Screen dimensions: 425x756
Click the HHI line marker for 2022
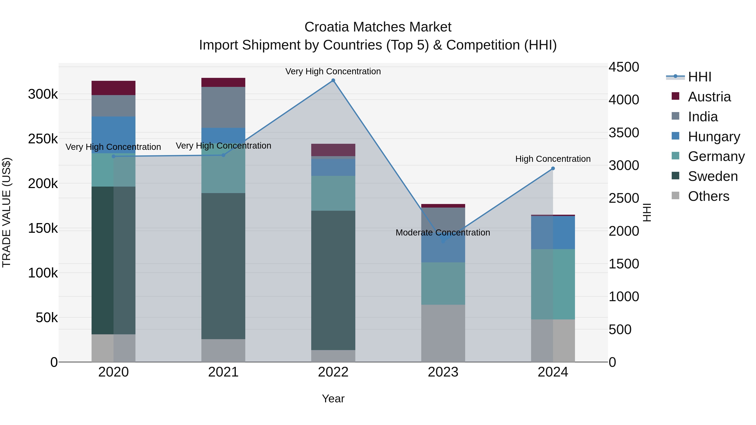pos(333,80)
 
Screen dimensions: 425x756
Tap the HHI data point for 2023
pos(443,241)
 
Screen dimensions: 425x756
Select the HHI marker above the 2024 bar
pos(553,168)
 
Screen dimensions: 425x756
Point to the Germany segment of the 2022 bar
pos(333,193)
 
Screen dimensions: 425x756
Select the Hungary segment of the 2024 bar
pos(553,232)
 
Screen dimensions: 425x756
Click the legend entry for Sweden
pos(713,176)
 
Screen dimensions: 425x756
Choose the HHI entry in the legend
pos(700,77)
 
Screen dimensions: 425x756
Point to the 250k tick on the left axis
pos(43,139)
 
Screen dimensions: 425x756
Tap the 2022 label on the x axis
pos(333,372)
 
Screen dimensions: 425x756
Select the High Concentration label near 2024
pos(553,159)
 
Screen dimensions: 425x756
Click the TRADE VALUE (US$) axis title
pos(7,212)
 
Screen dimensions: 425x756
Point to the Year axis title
pos(333,399)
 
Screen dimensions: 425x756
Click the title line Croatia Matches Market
pos(378,27)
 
